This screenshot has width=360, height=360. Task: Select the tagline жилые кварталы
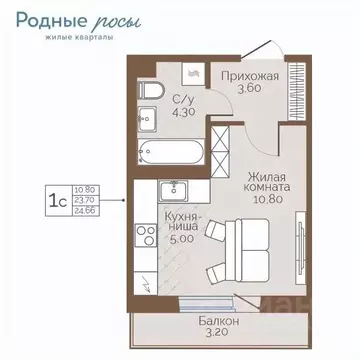[68, 40]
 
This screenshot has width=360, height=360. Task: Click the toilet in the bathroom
[147, 93]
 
